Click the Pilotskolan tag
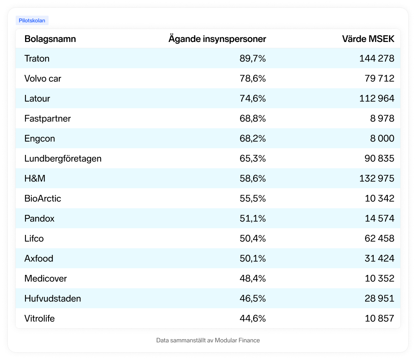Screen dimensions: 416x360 pyautogui.click(x=32, y=20)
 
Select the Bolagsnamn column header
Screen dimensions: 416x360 pyautogui.click(x=50, y=39)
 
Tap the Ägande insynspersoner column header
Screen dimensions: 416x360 pyautogui.click(x=217, y=39)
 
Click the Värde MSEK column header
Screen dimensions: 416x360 pyautogui.click(x=368, y=39)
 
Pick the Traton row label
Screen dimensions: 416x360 pyautogui.click(x=37, y=58)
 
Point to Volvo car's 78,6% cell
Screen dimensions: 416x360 pyautogui.click(x=253, y=78)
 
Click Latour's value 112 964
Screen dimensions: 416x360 pyautogui.click(x=377, y=98)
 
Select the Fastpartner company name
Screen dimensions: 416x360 pyautogui.click(x=47, y=118)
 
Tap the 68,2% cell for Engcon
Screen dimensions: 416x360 pyautogui.click(x=253, y=138)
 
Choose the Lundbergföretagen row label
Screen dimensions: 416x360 pyautogui.click(x=63, y=158)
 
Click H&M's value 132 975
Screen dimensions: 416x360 pyautogui.click(x=377, y=178)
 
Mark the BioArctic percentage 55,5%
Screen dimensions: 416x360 pyautogui.click(x=253, y=198)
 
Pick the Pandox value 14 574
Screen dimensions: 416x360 pyautogui.click(x=380, y=218)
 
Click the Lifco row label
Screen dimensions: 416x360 pyautogui.click(x=34, y=238)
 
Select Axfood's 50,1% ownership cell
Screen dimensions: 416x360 pyautogui.click(x=253, y=258)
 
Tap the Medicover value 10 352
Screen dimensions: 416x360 pyautogui.click(x=380, y=278)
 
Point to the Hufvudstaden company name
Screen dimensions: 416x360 pyautogui.click(x=52, y=298)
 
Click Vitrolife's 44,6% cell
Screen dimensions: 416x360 pyautogui.click(x=253, y=318)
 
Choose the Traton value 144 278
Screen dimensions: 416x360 pyautogui.click(x=377, y=58)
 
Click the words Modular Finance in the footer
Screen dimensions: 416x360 pyautogui.click(x=237, y=340)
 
